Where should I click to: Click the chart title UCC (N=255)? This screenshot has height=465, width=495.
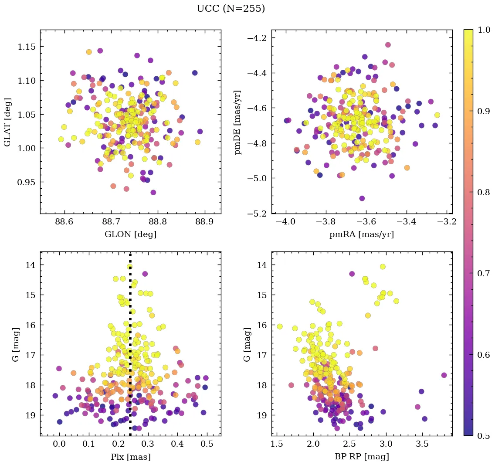[x=231, y=9]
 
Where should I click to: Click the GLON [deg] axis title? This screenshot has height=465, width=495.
[x=130, y=234]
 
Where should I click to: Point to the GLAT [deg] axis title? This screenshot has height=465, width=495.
[x=8, y=122]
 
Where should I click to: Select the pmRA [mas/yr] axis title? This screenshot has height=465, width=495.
[x=362, y=234]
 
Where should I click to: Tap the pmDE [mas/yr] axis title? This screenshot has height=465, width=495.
[x=238, y=122]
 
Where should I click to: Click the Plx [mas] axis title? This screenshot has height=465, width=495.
[x=130, y=457]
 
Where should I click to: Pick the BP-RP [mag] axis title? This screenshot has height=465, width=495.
[x=362, y=457]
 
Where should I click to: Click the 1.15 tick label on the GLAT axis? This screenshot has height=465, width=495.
[x=27, y=47]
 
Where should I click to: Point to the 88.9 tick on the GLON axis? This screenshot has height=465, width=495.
[x=204, y=222]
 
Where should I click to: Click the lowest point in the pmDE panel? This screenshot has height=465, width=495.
[x=362, y=198]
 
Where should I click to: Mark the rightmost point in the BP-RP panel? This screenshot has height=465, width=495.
[x=444, y=375]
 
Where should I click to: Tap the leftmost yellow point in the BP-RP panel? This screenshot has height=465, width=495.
[x=279, y=326]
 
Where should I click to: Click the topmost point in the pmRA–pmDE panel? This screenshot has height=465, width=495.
[x=388, y=45]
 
